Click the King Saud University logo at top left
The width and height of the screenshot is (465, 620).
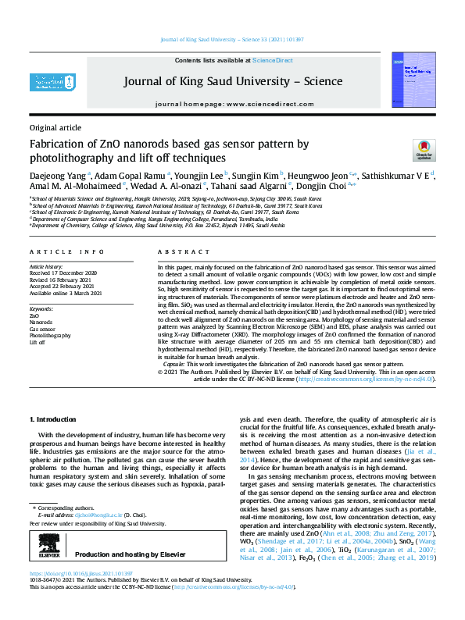tap(52, 80)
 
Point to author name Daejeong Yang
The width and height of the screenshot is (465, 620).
tap(56, 175)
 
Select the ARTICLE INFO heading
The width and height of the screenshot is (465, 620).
tap(66, 252)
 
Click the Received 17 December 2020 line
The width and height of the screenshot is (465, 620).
tap(63, 274)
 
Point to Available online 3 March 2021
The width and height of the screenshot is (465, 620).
tap(66, 294)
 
